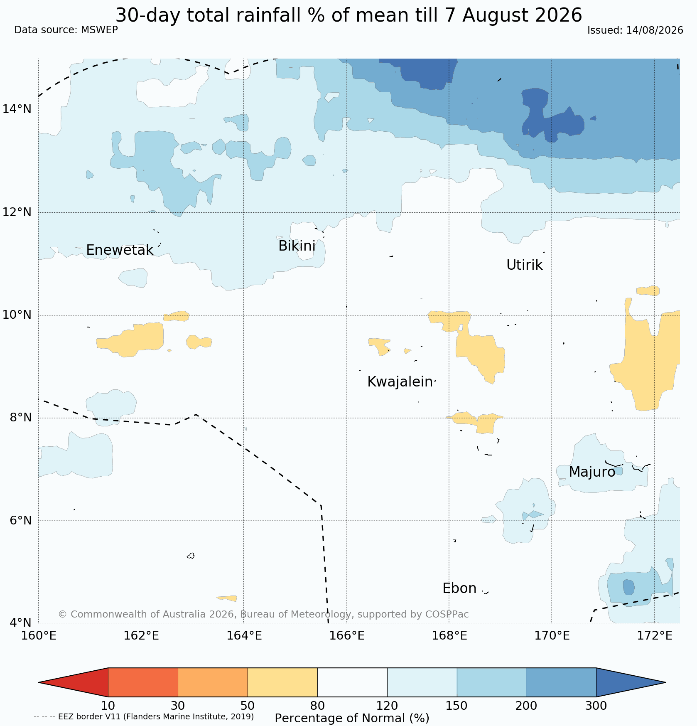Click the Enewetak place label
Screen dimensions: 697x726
[x=120, y=250]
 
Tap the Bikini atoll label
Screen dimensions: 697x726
[x=297, y=246]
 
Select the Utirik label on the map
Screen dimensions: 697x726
[x=524, y=265]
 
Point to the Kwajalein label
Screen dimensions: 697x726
[x=400, y=382]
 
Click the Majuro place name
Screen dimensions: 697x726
[x=592, y=472]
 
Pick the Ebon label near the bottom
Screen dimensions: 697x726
[x=459, y=588]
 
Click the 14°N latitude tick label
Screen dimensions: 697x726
[x=17, y=109]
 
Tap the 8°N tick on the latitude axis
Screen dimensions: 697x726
[x=20, y=417]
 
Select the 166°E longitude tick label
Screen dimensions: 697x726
[x=346, y=635]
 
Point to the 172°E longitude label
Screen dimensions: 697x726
[x=654, y=635]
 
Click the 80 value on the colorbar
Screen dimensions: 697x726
[x=317, y=706]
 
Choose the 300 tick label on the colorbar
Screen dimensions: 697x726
[x=596, y=706]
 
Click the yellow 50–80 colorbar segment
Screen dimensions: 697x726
[x=282, y=682]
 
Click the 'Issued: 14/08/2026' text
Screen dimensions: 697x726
[x=635, y=30]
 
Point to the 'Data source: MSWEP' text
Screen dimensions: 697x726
[x=66, y=30]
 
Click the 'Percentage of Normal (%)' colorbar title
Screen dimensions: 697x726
[x=352, y=718]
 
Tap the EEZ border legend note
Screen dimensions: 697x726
[x=144, y=716]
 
